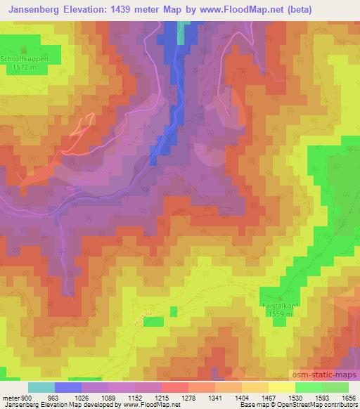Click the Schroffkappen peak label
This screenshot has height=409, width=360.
(24, 59)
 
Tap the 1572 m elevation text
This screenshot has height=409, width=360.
(24, 67)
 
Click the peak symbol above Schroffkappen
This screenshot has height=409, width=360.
(24, 51)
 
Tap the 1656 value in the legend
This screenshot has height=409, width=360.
(348, 398)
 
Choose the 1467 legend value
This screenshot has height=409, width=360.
(267, 398)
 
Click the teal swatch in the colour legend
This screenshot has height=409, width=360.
(41, 387)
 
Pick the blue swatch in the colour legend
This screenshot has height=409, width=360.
(68, 387)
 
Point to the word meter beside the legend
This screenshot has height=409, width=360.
(9, 398)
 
